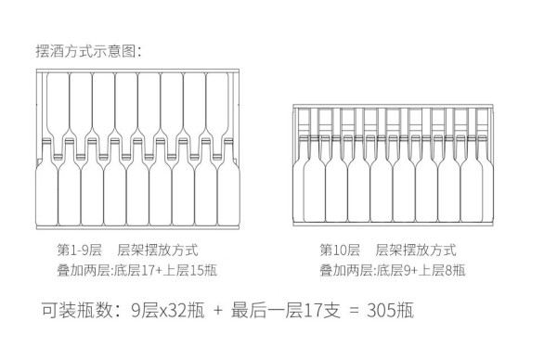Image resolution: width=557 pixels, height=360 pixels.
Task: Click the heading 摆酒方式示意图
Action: pyautogui.click(x=86, y=51)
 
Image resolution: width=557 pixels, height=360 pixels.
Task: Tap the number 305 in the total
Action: pyautogui.click(x=382, y=310)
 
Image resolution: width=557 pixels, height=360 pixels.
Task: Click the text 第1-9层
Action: pyautogui.click(x=79, y=250)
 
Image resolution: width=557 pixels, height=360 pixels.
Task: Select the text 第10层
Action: pyautogui.click(x=340, y=250)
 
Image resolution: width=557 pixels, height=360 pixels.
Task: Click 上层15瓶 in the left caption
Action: pyautogui.click(x=190, y=271)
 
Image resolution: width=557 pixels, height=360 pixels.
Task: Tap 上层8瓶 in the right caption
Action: pyautogui.click(x=442, y=271)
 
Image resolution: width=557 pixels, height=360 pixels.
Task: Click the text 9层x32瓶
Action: pyautogui.click(x=168, y=310)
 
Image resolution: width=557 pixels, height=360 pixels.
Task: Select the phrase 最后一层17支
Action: pyautogui.click(x=286, y=310)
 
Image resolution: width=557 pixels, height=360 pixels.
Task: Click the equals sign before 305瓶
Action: pyautogui.click(x=354, y=310)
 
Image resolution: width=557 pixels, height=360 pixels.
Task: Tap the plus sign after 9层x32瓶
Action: pyautogui.click(x=218, y=311)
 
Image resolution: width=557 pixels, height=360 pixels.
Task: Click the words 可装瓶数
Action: pyautogui.click(x=76, y=310)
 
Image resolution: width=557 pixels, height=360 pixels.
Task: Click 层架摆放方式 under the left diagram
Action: pyautogui.click(x=158, y=250)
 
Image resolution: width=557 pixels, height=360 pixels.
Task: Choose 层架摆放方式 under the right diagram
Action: pyautogui.click(x=416, y=250)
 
